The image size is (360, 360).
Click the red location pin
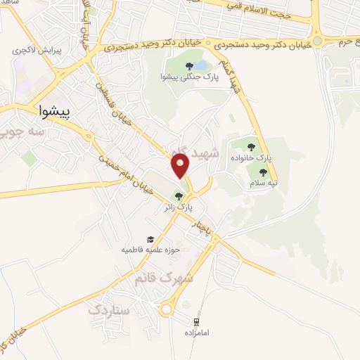point(181,166)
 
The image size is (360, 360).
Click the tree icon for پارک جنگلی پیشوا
point(189,67)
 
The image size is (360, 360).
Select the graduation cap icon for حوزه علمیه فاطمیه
point(149,240)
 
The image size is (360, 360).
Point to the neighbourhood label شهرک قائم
point(164,278)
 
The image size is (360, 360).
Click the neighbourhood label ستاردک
point(111,308)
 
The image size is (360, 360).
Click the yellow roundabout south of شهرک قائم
point(168,309)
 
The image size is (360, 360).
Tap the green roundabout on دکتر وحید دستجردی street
point(317,41)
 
